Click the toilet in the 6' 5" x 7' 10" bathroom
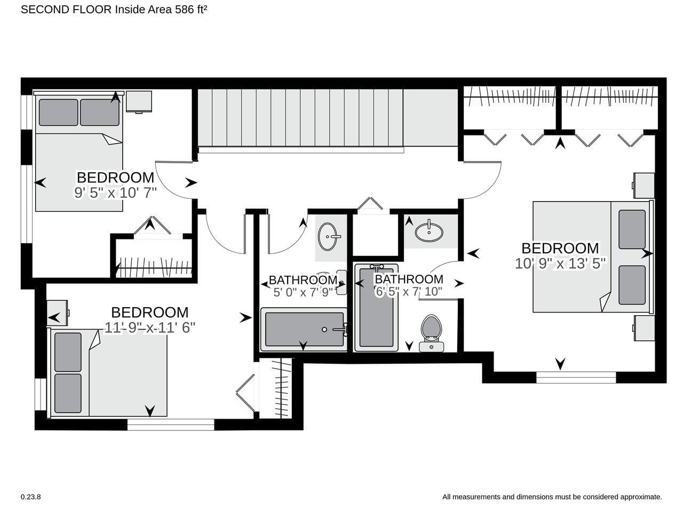(x=431, y=333)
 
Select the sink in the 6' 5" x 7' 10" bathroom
(x=429, y=231)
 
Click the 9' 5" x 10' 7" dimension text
(x=115, y=193)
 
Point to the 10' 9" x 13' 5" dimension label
(x=560, y=263)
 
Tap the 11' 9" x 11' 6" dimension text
(x=150, y=327)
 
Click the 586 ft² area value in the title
(x=191, y=10)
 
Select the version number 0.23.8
(x=31, y=497)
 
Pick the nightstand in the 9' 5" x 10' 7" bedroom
(x=139, y=102)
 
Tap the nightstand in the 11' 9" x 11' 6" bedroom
(x=58, y=313)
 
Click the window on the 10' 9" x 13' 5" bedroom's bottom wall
(x=576, y=378)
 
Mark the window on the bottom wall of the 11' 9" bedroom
(x=171, y=425)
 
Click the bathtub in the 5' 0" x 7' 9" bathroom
(x=304, y=330)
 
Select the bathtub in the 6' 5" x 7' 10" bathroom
(x=376, y=308)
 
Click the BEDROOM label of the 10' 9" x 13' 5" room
(x=560, y=249)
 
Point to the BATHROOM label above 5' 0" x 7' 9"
(x=303, y=280)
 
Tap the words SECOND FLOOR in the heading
(x=66, y=10)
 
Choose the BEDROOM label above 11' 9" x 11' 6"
(x=149, y=313)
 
